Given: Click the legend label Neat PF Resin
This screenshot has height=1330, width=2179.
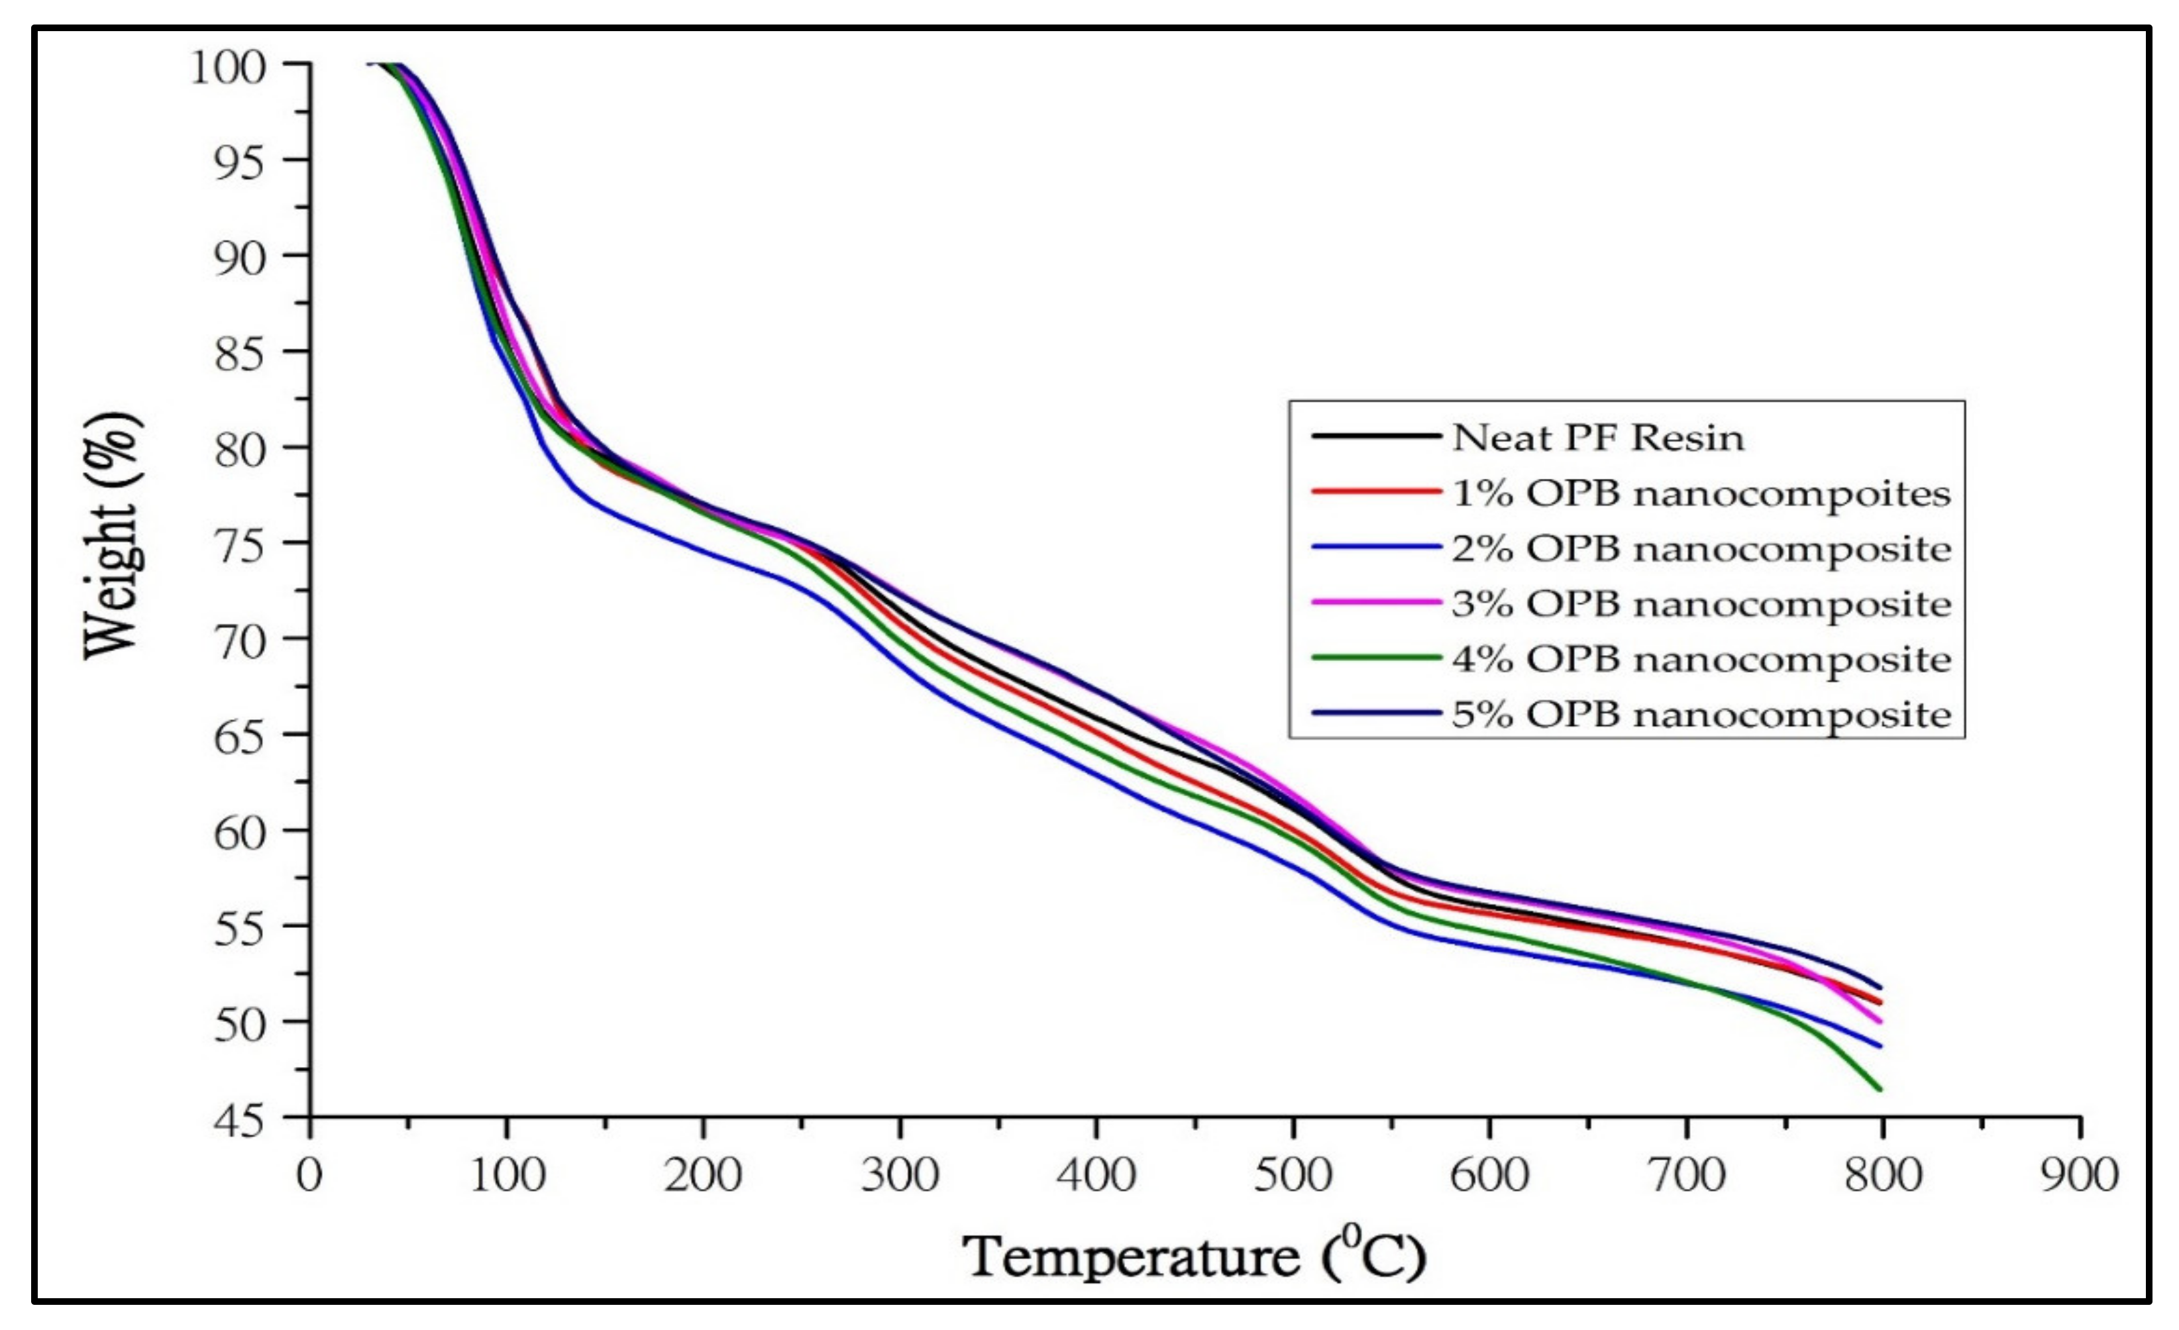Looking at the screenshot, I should (x=1597, y=438).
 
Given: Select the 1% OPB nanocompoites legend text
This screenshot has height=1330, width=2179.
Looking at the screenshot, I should (x=1701, y=493).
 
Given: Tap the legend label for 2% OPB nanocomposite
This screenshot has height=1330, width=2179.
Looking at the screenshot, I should (x=1701, y=549).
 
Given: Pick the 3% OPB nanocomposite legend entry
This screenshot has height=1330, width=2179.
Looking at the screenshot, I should (x=1701, y=604).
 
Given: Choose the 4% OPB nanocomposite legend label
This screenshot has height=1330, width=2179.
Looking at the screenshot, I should (x=1701, y=659).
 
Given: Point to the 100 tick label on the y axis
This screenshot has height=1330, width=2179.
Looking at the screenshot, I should (x=228, y=67).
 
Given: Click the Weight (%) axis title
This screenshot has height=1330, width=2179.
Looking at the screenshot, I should (x=113, y=535).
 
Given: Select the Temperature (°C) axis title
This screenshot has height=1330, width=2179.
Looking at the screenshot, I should (x=1194, y=1256).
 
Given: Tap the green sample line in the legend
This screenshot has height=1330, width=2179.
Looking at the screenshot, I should (x=1376, y=658).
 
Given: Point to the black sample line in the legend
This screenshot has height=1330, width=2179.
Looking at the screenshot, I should (x=1376, y=436).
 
